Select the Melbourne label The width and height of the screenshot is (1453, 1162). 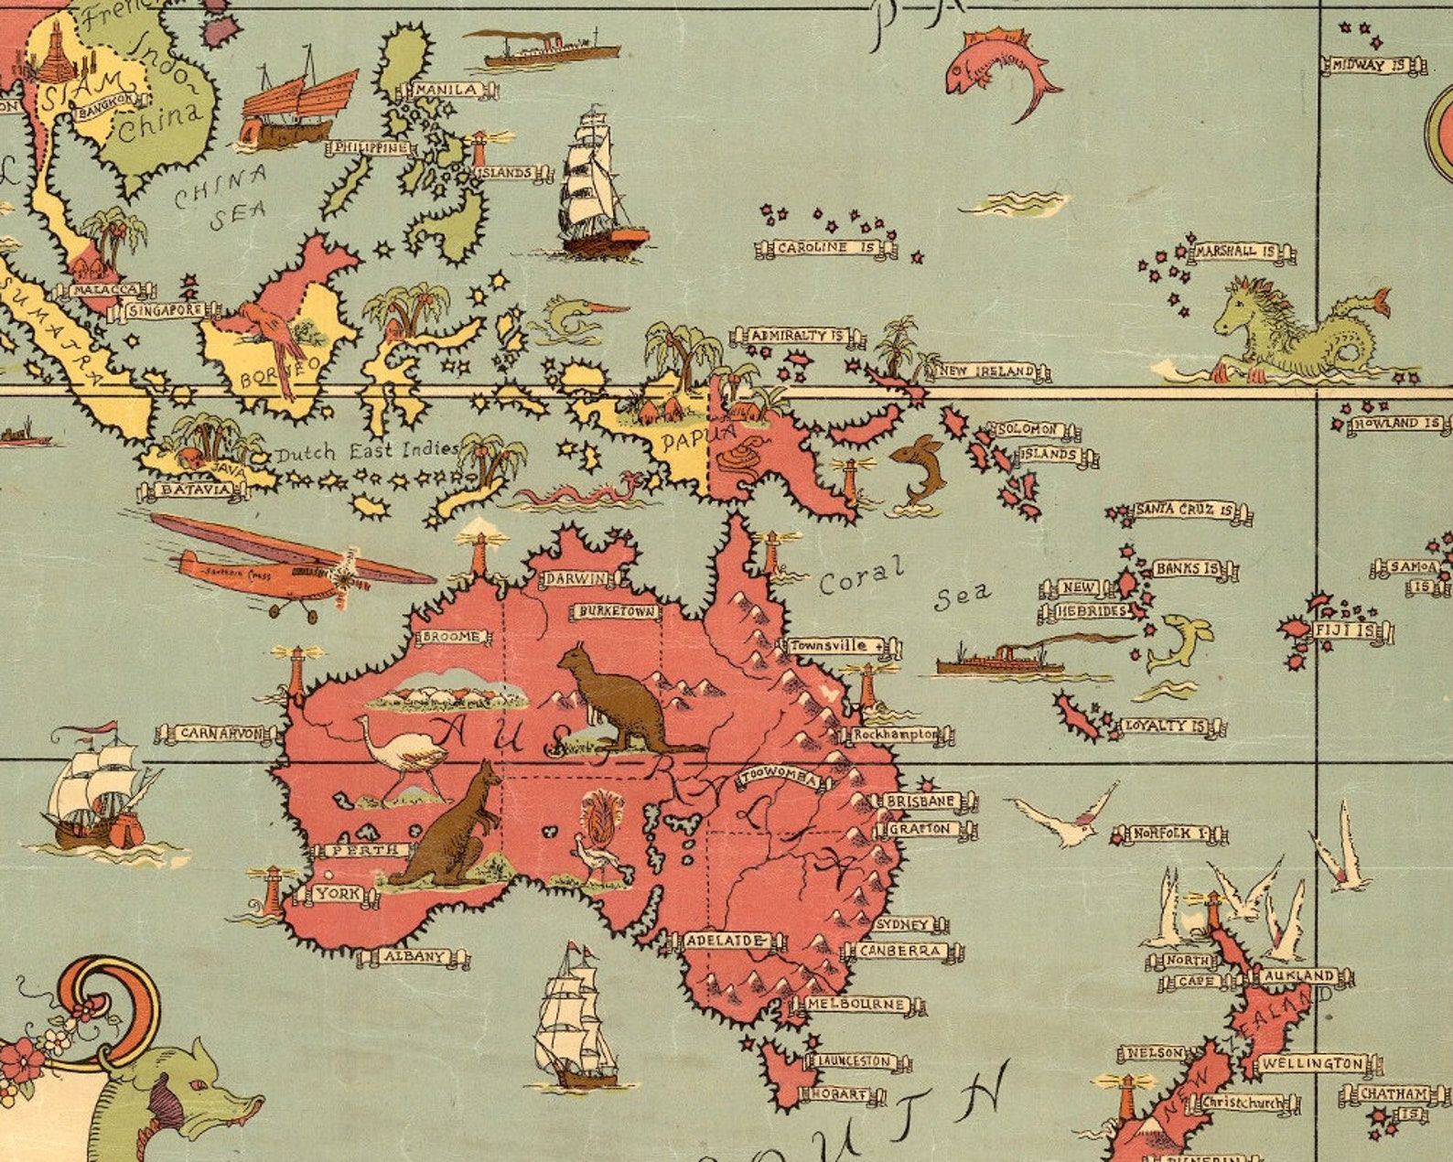(856, 1005)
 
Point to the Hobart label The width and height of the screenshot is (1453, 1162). (841, 1093)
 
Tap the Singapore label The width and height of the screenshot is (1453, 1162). (165, 311)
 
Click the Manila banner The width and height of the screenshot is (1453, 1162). (447, 90)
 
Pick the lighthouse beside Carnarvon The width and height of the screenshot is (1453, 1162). (296, 677)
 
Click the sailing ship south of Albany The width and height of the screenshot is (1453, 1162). (574, 1016)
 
